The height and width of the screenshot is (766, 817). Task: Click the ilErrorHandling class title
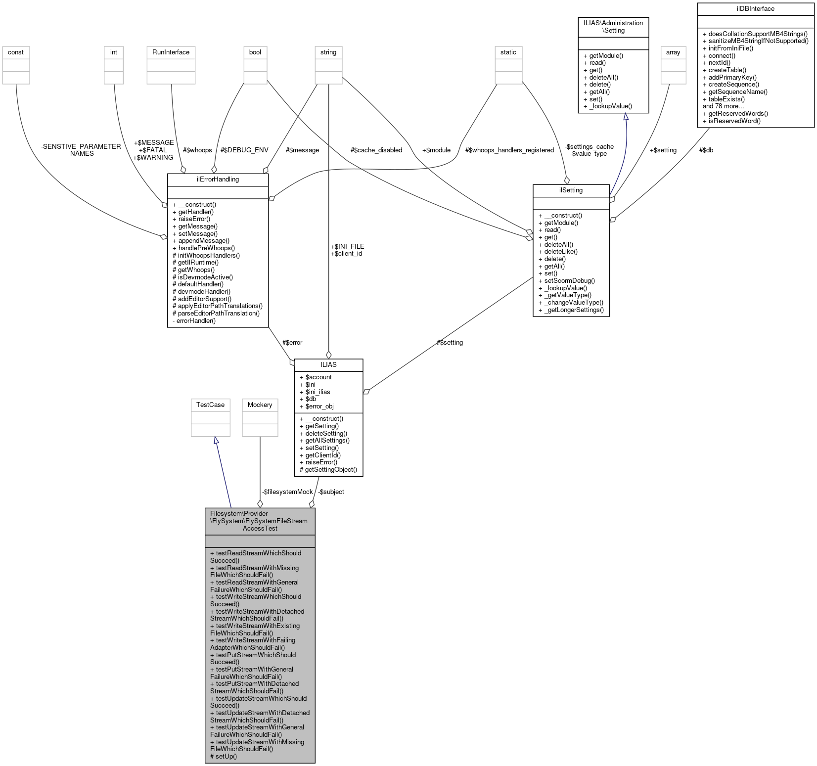click(x=218, y=179)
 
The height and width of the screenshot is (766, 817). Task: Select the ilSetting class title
click(x=571, y=190)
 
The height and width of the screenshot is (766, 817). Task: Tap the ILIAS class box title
click(x=328, y=364)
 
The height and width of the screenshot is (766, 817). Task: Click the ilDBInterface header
click(x=755, y=8)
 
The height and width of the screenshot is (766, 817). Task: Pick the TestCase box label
click(x=210, y=405)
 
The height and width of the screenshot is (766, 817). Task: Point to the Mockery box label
click(x=260, y=405)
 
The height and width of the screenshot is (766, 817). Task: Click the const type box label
click(x=16, y=52)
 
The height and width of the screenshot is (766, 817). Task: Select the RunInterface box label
click(x=171, y=52)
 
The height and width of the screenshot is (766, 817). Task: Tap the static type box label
click(x=508, y=52)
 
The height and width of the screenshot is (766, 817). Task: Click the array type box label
click(x=673, y=52)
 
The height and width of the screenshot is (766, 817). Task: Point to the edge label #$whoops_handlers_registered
click(x=509, y=150)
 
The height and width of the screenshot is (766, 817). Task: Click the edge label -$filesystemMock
click(x=287, y=492)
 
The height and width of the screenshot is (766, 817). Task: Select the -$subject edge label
click(x=331, y=492)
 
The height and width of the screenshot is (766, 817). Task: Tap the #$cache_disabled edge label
click(x=376, y=150)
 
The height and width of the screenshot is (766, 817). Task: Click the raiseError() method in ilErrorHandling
click(x=193, y=219)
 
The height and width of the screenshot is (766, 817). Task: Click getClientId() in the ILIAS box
click(x=322, y=455)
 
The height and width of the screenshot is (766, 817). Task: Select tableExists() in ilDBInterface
click(x=726, y=99)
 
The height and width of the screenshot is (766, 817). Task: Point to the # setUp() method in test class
click(x=224, y=756)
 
